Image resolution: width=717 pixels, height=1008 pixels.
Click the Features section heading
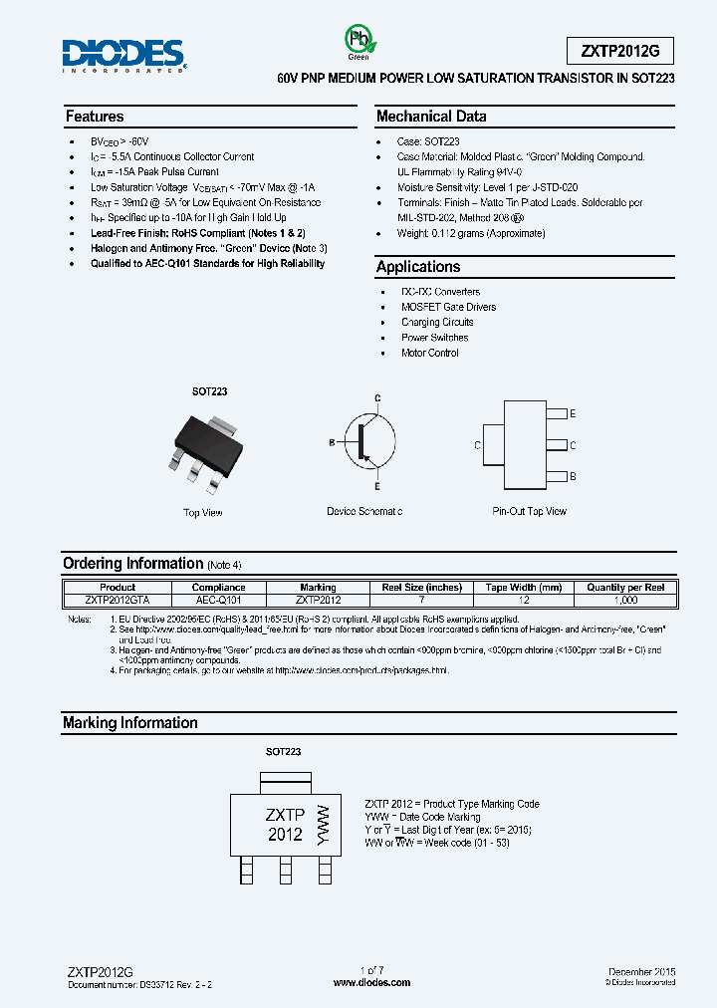(x=95, y=117)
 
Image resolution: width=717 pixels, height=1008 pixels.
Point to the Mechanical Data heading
(x=431, y=117)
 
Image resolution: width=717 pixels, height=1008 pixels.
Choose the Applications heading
(x=418, y=267)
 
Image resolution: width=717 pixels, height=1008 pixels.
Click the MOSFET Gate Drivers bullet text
(x=448, y=307)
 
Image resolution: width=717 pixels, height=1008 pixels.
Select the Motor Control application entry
(x=430, y=353)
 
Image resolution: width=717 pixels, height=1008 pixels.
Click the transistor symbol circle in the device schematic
(x=365, y=441)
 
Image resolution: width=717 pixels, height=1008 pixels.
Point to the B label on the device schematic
(x=332, y=441)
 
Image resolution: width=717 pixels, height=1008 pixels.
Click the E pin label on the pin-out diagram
(x=573, y=413)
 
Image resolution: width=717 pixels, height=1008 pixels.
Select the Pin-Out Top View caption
(x=529, y=511)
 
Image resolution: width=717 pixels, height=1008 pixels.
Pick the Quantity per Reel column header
(x=625, y=588)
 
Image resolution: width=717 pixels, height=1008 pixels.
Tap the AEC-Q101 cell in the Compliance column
(x=217, y=601)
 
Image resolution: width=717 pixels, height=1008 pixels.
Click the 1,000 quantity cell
(x=625, y=601)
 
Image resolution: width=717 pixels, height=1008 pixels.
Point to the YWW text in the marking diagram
(x=321, y=824)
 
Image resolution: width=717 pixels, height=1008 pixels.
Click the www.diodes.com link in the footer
(x=371, y=982)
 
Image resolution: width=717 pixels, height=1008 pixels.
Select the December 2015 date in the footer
(x=641, y=970)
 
